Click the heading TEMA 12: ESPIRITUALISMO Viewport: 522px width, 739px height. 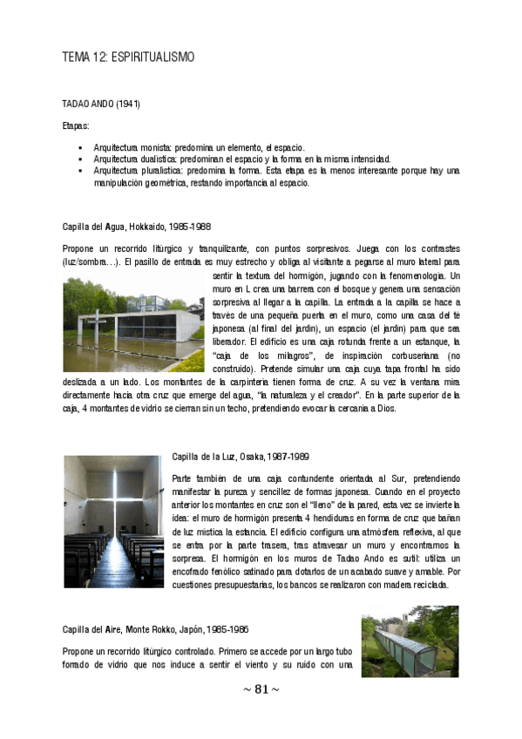coord(128,58)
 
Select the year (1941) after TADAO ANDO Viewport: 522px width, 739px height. coord(127,104)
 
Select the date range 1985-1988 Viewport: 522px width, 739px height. coord(192,227)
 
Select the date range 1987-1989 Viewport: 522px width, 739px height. coord(295,457)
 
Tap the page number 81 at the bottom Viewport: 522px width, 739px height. coord(261,689)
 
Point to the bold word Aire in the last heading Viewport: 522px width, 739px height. coord(112,629)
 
